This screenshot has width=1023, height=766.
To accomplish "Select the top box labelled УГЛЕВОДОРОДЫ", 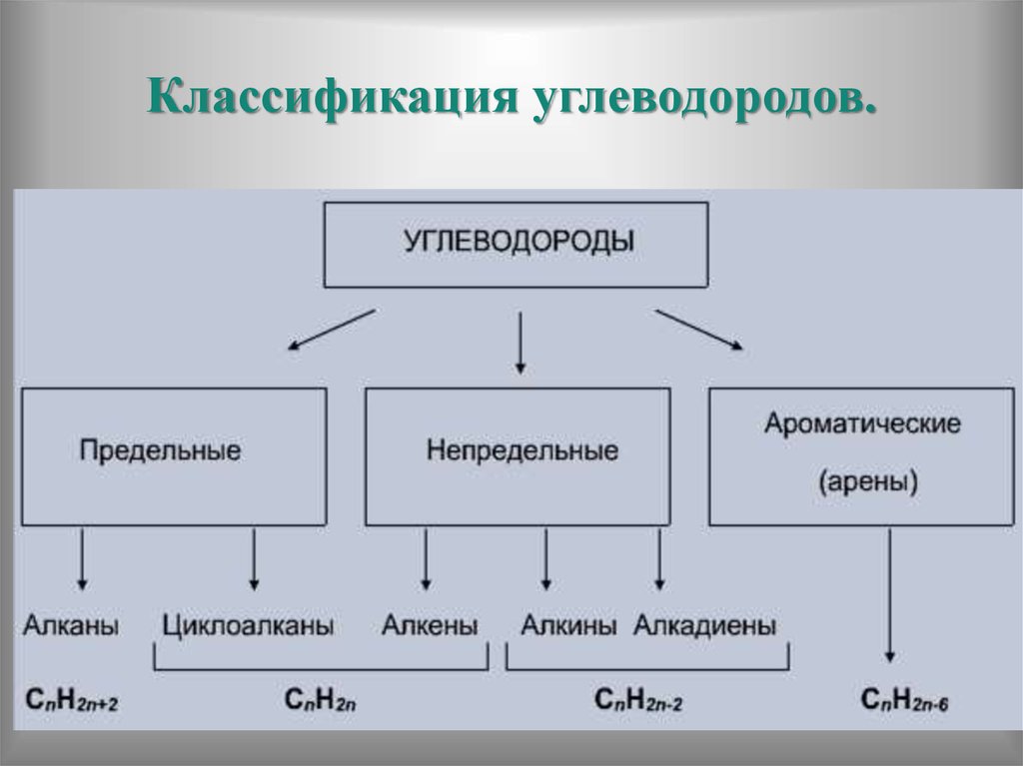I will coord(516,244).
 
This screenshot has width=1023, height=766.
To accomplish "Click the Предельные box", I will coord(174,456).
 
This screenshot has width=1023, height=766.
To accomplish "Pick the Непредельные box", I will coord(517,456).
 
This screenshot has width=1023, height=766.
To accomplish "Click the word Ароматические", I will coord(862,422).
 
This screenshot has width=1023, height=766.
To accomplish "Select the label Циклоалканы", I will coord(247,626).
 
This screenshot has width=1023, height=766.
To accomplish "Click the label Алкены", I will coord(430,626).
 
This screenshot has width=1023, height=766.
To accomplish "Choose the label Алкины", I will coord(567,626).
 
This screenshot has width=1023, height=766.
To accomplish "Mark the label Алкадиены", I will coord(705,626).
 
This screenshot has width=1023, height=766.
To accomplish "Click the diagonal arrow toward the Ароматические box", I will coord(699,330).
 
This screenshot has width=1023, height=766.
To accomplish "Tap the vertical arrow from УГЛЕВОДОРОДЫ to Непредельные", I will coord(519,343).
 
